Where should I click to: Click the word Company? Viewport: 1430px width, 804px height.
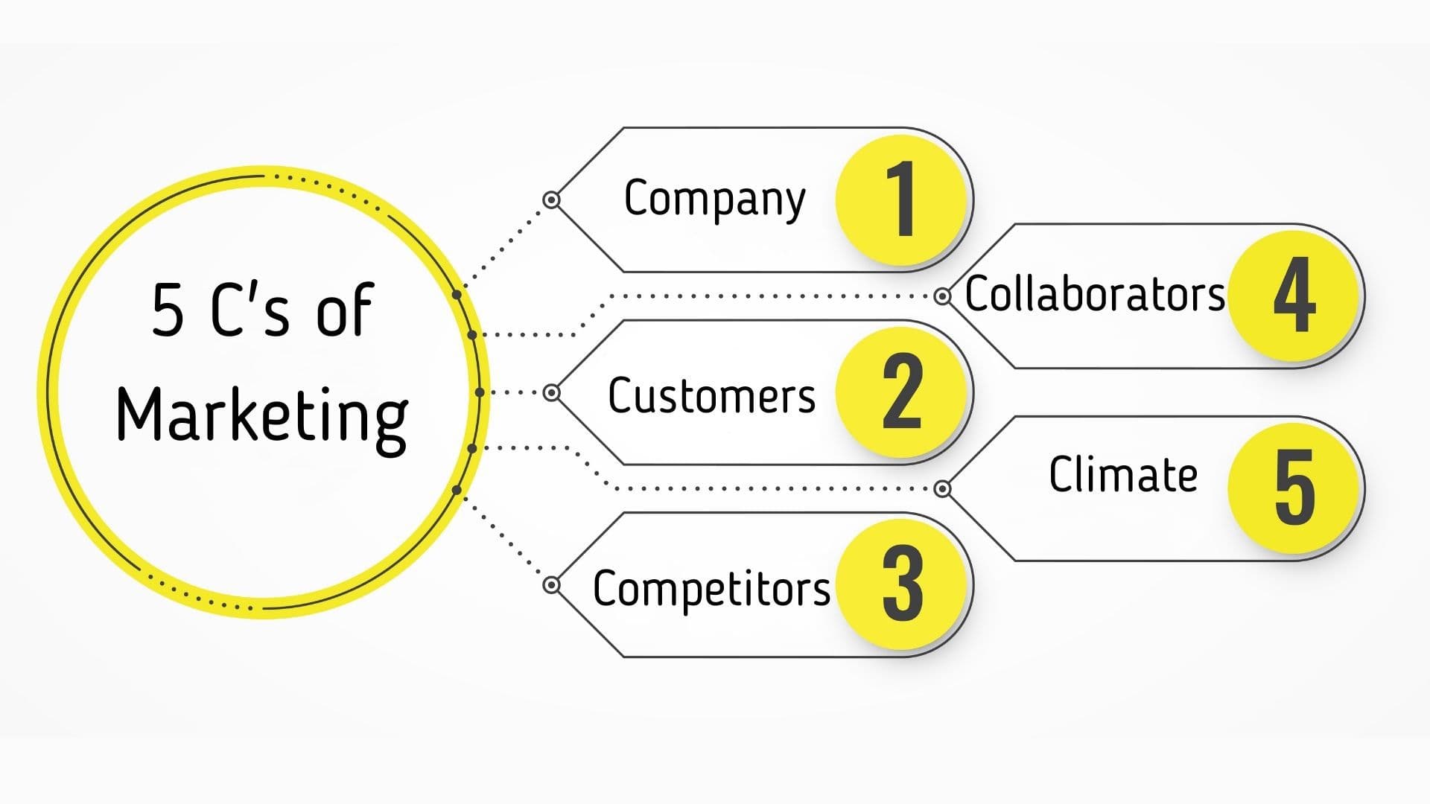click(714, 199)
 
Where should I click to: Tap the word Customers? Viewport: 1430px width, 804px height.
click(711, 395)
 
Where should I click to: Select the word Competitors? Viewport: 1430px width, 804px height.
click(711, 588)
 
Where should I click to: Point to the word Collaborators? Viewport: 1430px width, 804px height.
click(1094, 294)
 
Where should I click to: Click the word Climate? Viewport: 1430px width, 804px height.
click(1123, 474)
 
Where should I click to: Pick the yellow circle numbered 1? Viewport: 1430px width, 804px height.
click(903, 199)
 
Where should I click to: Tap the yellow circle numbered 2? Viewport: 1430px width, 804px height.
click(903, 392)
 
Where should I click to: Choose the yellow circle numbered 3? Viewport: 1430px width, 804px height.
click(903, 584)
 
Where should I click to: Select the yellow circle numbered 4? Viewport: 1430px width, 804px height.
click(1294, 295)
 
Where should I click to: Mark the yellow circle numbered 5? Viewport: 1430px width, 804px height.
click(1294, 488)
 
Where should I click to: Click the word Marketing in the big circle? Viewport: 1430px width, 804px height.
click(262, 417)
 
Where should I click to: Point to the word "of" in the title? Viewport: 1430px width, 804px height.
click(344, 310)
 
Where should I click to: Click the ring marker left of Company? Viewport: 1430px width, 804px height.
click(551, 200)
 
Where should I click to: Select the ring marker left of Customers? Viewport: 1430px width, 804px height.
click(551, 392)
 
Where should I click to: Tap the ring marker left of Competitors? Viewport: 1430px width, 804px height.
click(551, 584)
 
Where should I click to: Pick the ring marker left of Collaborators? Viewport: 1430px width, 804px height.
click(942, 296)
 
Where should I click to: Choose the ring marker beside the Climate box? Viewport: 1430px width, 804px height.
click(942, 488)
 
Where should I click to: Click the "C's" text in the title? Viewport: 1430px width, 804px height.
click(250, 310)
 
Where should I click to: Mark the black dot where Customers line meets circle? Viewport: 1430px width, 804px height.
click(480, 392)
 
